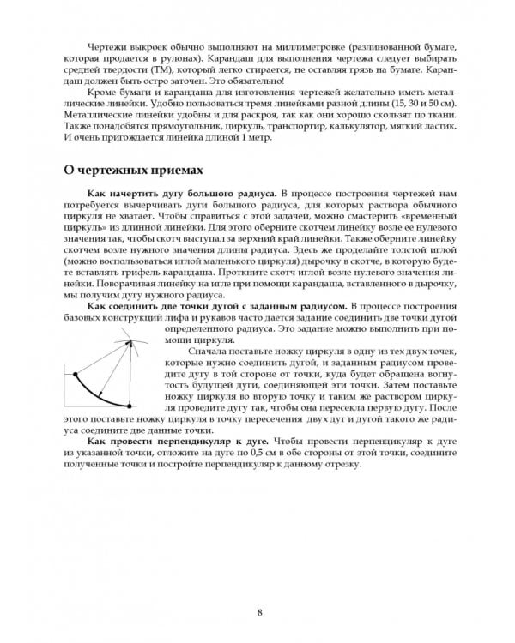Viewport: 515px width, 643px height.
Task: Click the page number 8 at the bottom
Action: [x=258, y=588]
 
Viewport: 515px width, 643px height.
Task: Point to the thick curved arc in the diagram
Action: [x=96, y=395]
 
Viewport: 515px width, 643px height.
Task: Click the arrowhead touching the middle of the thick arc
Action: [x=102, y=398]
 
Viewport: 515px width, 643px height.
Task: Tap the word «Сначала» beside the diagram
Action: [x=203, y=352]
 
